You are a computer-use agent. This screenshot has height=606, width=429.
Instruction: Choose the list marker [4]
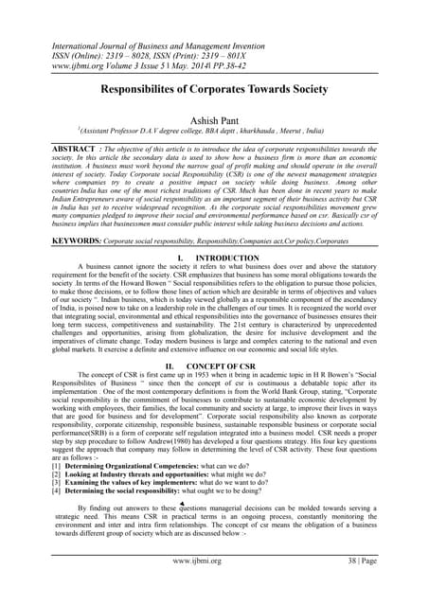click(31, 491)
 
